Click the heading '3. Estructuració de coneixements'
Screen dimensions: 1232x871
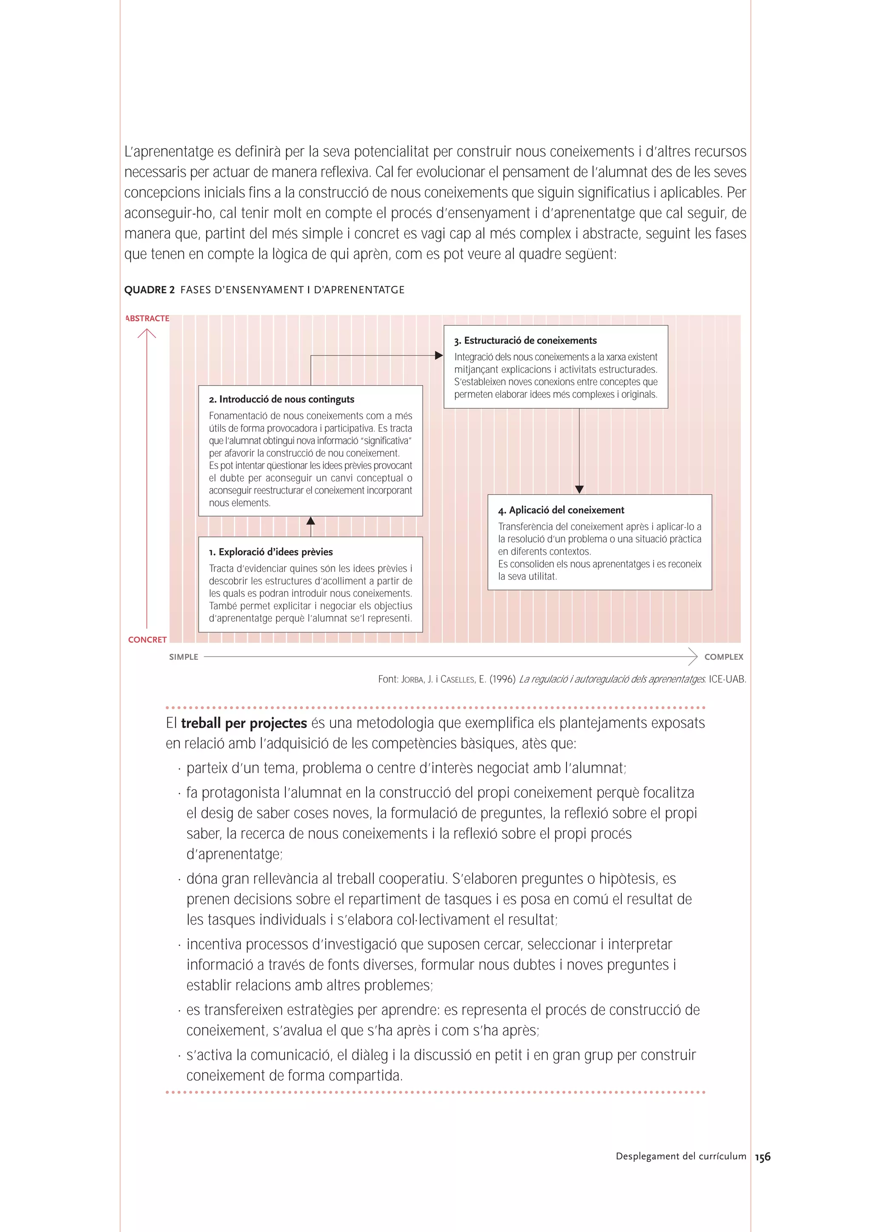click(525, 340)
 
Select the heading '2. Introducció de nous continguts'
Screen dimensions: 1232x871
click(281, 399)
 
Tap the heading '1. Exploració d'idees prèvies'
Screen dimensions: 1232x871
click(270, 552)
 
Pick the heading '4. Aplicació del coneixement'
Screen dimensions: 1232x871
click(561, 510)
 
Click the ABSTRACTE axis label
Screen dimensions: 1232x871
click(147, 318)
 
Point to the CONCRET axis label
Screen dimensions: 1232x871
click(147, 640)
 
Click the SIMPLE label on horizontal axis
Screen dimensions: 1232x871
click(184, 657)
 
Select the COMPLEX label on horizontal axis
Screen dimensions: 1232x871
click(723, 657)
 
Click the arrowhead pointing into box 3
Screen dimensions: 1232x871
click(439, 355)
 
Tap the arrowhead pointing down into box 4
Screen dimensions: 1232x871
click(579, 489)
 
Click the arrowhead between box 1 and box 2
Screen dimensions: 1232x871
click(311, 520)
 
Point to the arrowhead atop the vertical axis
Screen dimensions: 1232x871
click(146, 333)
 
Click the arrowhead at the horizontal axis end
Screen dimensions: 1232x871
click(693, 656)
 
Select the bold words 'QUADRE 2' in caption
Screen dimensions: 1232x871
click(149, 290)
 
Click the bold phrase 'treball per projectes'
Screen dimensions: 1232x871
click(244, 723)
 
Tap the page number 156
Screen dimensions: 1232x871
click(763, 1157)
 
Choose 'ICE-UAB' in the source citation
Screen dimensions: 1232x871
click(727, 679)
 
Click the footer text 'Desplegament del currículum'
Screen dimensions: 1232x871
click(680, 1156)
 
